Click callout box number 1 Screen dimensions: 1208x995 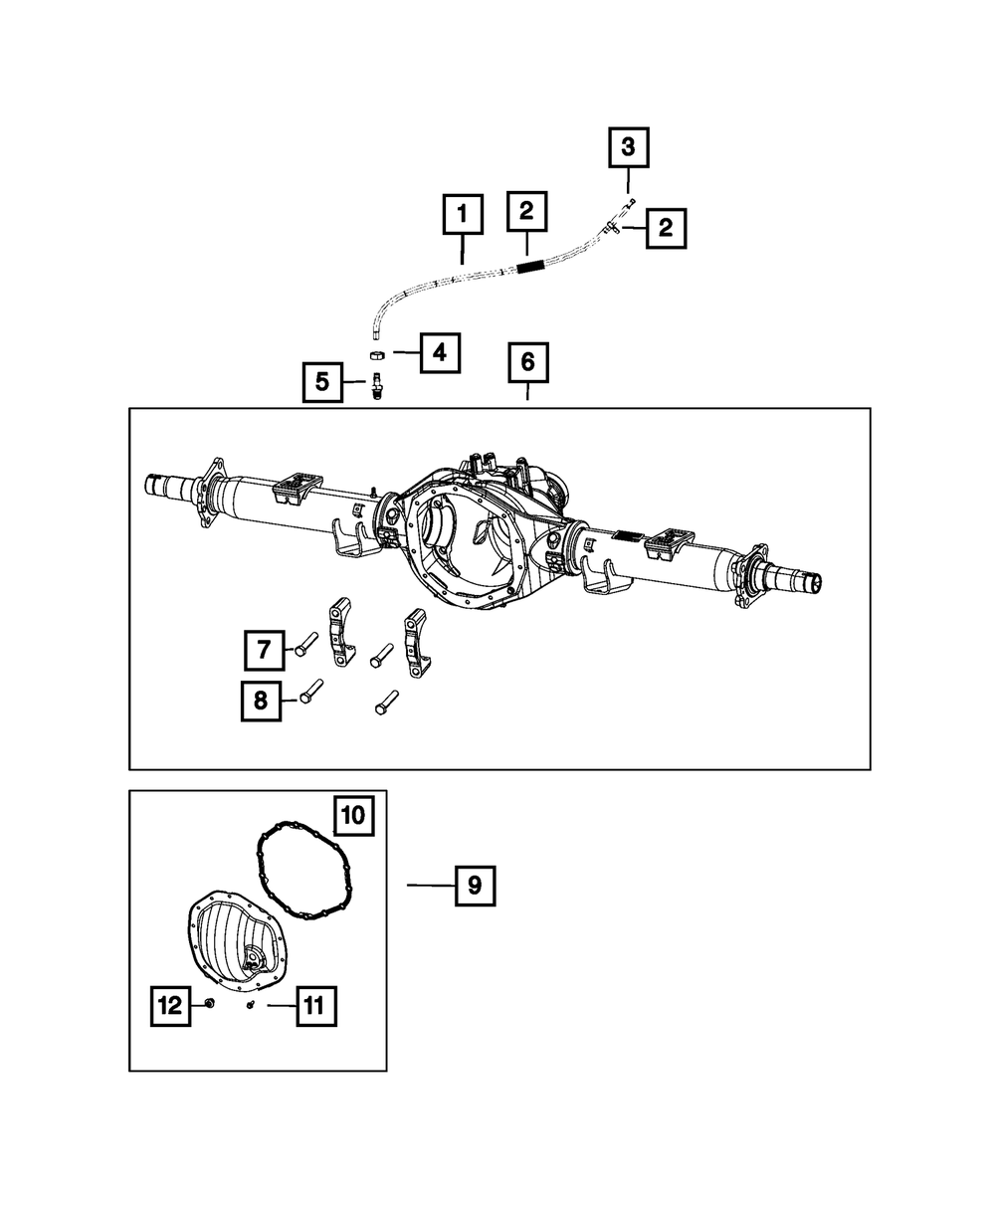point(462,215)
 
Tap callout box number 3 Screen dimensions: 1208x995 point(628,150)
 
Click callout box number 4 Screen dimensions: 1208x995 point(440,352)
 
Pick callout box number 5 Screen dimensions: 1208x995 point(323,381)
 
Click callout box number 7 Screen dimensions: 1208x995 point(264,651)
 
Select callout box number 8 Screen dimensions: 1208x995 point(261,700)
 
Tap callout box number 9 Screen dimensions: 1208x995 point(475,885)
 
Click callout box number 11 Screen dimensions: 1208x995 point(315,1006)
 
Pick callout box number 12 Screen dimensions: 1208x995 point(170,1006)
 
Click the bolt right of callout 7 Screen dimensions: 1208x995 point(304,645)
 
